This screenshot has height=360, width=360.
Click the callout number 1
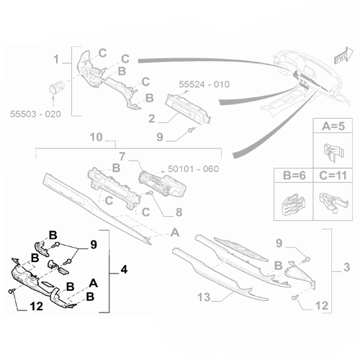pos(55,58)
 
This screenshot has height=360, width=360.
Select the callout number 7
pos(123,156)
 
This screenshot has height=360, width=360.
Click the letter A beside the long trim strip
pos(174,232)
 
